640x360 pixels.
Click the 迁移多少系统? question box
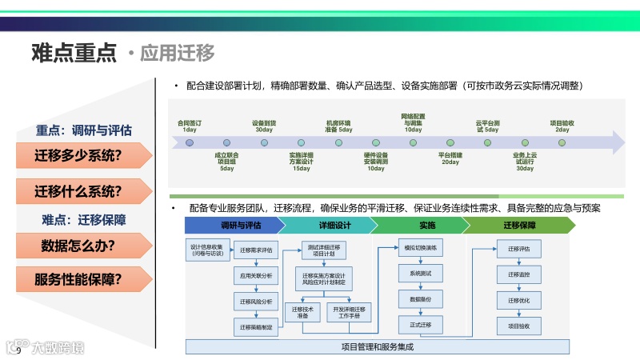[78, 155]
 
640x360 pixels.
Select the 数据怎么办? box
[78, 245]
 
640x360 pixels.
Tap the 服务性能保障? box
[78, 279]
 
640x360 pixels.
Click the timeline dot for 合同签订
[190, 142]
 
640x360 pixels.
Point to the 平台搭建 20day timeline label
[450, 158]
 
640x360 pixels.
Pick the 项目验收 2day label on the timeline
[562, 126]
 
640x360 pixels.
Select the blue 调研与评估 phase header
[241, 226]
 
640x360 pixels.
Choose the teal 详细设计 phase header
[335, 226]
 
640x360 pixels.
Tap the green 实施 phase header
[426, 226]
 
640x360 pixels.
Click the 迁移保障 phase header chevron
[518, 226]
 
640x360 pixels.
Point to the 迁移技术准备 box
[302, 312]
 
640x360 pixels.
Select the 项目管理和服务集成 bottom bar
[376, 347]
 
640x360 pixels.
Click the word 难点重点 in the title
[74, 53]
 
